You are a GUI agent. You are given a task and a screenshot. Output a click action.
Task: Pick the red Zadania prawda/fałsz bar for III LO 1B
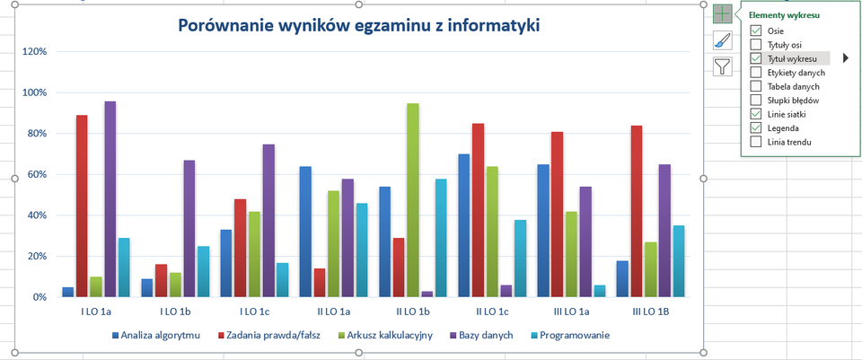pyautogui.click(x=636, y=211)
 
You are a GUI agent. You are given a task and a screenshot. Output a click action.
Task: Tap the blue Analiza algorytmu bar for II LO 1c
pyautogui.click(x=463, y=225)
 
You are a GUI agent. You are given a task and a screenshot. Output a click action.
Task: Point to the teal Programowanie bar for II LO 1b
pyautogui.click(x=441, y=238)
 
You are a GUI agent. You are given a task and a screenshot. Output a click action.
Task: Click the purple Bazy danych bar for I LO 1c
pyautogui.click(x=268, y=220)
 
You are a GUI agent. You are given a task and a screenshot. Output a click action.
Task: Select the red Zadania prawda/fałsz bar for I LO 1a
pyautogui.click(x=82, y=206)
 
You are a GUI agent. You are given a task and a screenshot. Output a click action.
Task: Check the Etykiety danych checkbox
pyautogui.click(x=756, y=73)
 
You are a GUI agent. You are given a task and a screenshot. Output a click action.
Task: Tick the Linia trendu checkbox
pyautogui.click(x=756, y=142)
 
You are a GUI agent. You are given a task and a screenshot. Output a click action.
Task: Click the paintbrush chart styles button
pyautogui.click(x=723, y=40)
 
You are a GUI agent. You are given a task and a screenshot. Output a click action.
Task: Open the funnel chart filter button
pyautogui.click(x=723, y=66)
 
